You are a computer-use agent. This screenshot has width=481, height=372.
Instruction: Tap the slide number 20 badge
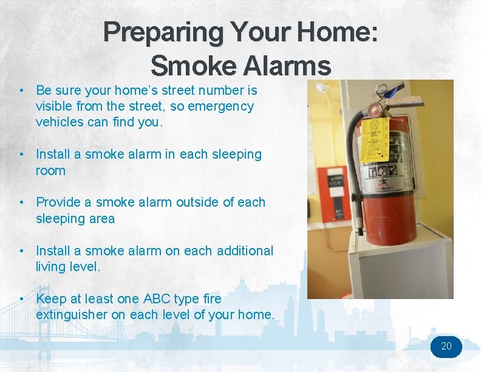[x=446, y=346]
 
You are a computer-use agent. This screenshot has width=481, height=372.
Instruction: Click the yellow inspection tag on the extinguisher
[x=374, y=139]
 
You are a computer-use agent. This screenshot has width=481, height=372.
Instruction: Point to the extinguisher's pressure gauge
[x=376, y=110]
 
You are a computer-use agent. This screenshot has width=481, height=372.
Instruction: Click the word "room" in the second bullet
[x=50, y=171]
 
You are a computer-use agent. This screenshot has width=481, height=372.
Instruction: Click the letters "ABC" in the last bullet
[x=157, y=299]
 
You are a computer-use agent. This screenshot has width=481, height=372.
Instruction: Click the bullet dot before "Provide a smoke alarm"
[x=22, y=202]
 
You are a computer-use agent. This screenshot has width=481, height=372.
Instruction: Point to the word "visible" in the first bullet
[x=56, y=106]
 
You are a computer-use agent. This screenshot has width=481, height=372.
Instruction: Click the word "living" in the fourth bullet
[x=51, y=267]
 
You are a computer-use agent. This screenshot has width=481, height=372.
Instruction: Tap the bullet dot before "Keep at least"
[x=22, y=299]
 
